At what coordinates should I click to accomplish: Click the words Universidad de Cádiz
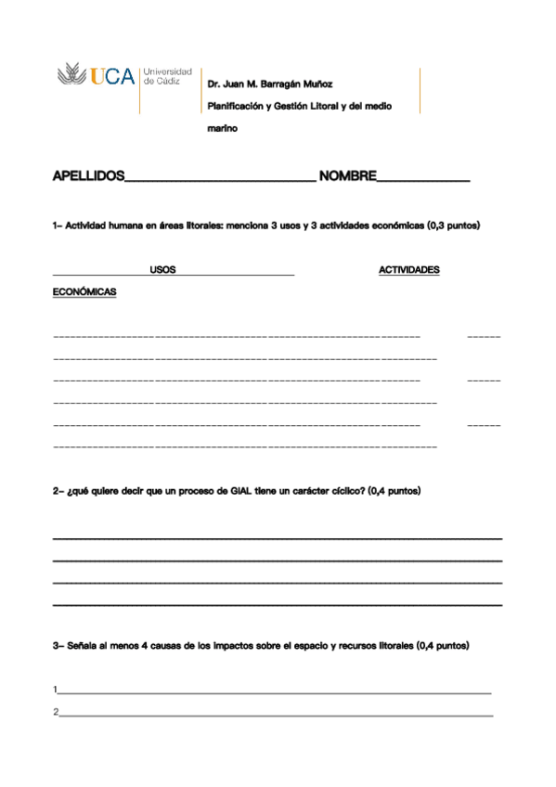pos(168,76)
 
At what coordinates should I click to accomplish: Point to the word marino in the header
pos(222,129)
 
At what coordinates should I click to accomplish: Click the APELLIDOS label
pos(88,175)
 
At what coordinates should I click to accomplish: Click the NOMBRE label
pos(346,175)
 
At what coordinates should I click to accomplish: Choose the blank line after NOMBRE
pos(422,180)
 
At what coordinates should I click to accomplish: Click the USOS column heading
pos(162,271)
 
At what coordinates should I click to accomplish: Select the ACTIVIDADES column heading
pos(409,271)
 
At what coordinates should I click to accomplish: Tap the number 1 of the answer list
pos(56,690)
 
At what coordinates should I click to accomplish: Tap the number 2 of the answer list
pos(56,712)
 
